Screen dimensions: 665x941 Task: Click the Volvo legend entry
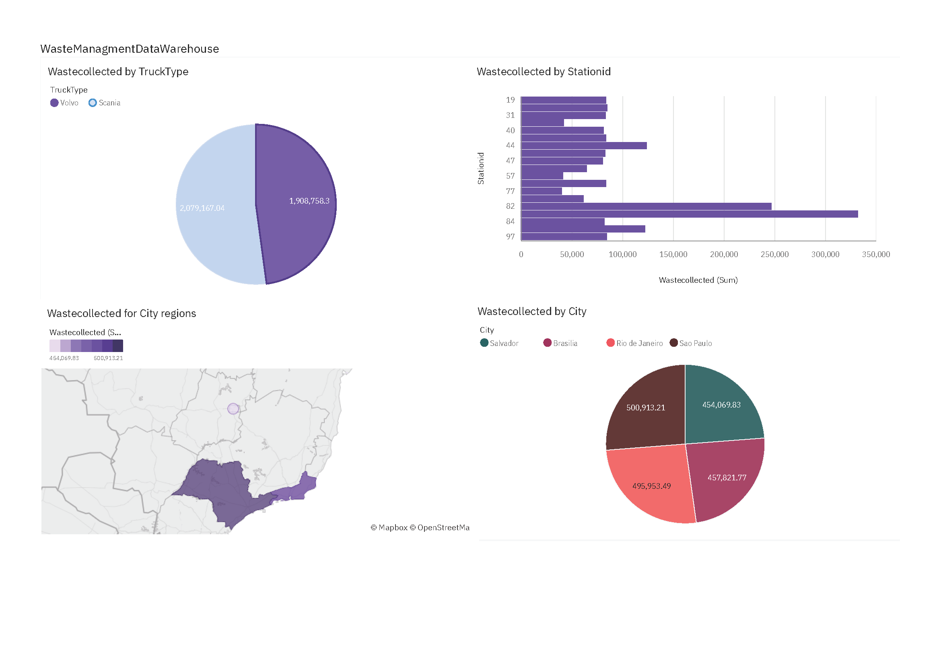click(x=64, y=103)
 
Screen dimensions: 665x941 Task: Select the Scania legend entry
click(x=105, y=103)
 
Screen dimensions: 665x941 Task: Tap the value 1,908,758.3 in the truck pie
click(x=309, y=201)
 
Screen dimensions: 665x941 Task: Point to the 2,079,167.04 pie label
click(x=202, y=208)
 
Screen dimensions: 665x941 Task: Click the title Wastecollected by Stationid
click(x=544, y=72)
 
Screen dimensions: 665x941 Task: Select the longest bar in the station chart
click(x=688, y=214)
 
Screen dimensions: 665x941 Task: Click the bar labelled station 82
click(x=645, y=206)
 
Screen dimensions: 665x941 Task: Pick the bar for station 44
click(x=584, y=146)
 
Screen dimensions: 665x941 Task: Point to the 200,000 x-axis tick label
click(x=724, y=254)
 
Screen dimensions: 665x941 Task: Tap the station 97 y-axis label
click(x=510, y=237)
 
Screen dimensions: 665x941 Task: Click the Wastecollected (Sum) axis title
click(x=698, y=280)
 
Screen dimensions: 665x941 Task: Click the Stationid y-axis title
click(x=481, y=169)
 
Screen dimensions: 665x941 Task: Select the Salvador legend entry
click(x=499, y=343)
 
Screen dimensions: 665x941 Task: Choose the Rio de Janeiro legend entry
click(x=634, y=343)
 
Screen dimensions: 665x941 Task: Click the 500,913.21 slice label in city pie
click(x=645, y=408)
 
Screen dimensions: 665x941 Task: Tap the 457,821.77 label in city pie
click(x=727, y=478)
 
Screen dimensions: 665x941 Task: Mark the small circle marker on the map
click(x=233, y=408)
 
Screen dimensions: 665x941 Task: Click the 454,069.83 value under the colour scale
click(x=64, y=358)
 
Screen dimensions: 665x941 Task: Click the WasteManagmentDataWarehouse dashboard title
click(x=130, y=49)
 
